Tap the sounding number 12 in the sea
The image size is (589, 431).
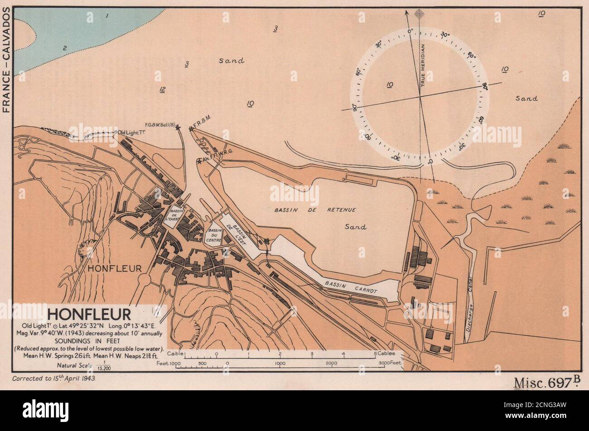[x=162, y=90]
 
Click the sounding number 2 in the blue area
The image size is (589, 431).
[x=64, y=48]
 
